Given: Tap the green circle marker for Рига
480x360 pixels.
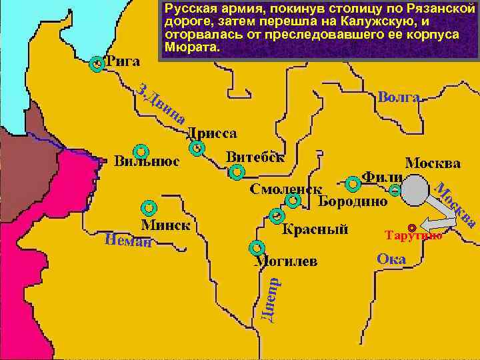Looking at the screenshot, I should point(97,65).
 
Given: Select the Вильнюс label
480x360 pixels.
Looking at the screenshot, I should point(146,162).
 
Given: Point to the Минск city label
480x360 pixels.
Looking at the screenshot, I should point(165,225).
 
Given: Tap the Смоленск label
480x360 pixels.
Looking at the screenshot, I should point(285,189).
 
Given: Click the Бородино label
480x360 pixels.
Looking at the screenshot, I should point(353,201).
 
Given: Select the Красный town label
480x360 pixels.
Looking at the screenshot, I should point(315,230).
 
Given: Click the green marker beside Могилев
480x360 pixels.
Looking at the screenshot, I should point(256,249).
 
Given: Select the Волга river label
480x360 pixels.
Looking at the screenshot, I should point(398,97).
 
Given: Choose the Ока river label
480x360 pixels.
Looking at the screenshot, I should point(391,259).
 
